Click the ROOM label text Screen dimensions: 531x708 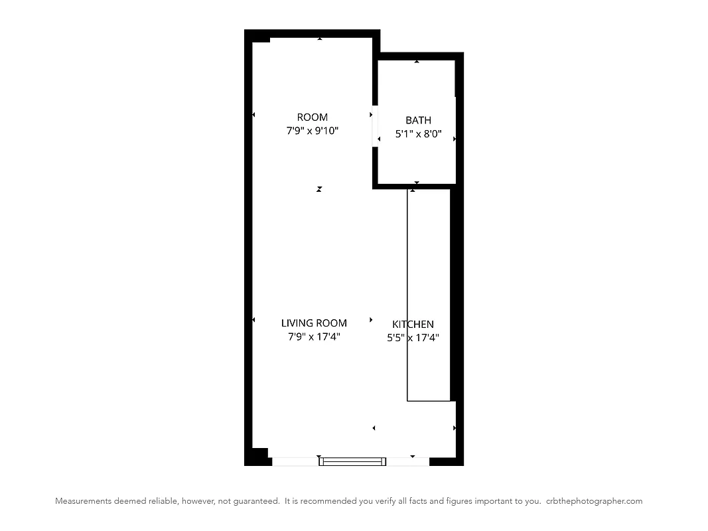point(312,117)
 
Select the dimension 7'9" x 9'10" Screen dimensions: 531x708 point(312,131)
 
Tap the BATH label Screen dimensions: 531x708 point(418,120)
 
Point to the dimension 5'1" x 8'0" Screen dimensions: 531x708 point(418,134)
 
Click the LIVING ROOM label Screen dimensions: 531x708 point(314,323)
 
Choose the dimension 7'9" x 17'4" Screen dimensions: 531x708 point(314,337)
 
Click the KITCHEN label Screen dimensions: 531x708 point(413,325)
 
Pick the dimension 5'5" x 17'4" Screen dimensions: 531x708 point(413,338)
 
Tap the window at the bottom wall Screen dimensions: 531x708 point(352,461)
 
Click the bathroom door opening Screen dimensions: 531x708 point(375,126)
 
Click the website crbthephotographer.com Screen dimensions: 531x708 point(594,501)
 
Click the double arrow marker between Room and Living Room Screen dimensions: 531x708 point(319,189)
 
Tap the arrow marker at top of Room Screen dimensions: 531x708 point(320,38)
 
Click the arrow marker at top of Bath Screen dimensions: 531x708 point(417,61)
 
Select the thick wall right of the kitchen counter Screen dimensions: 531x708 point(456,295)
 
